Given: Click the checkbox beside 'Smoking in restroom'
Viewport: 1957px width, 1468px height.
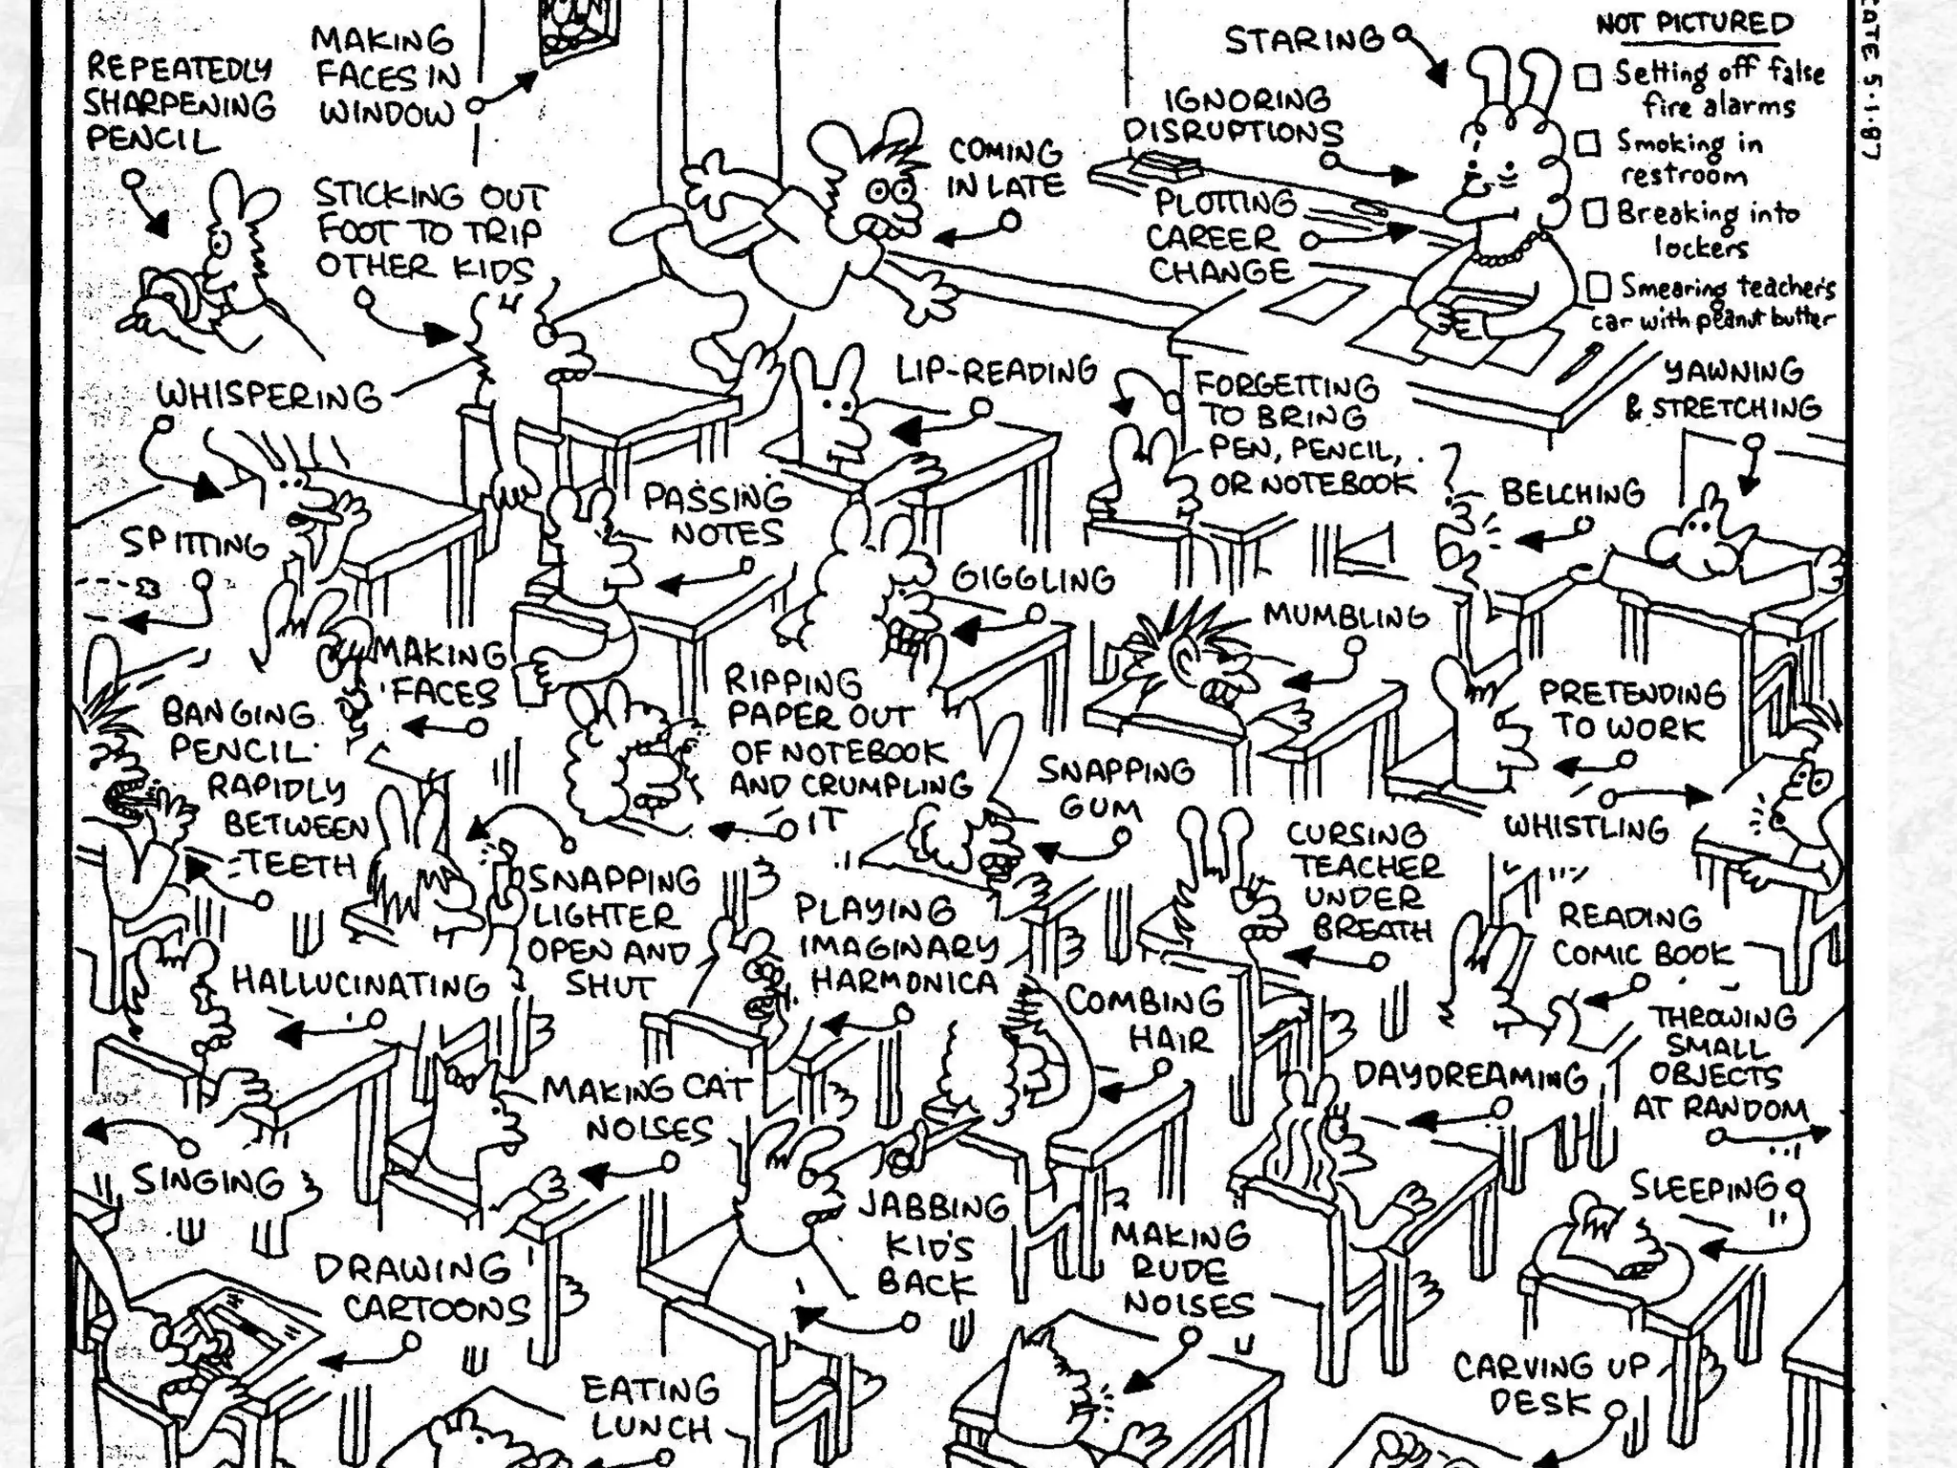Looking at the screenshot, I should click(1587, 143).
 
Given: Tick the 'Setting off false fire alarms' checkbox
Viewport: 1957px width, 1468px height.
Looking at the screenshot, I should click(1588, 76).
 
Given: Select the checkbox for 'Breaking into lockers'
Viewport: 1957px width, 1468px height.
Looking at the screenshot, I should click(1595, 212).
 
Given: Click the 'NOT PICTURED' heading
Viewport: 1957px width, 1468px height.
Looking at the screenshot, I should click(1693, 23).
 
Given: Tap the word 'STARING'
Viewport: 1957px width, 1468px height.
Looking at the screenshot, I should click(1303, 40).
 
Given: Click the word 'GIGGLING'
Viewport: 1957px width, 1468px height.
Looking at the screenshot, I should click(1033, 578).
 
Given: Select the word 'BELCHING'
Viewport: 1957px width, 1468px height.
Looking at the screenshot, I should click(1572, 493).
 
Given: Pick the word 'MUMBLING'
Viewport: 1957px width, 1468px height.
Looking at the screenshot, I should click(1345, 615).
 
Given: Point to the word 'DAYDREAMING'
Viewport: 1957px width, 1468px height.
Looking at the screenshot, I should click(1470, 1077).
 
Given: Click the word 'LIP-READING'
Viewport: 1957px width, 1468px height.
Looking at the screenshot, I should click(996, 371).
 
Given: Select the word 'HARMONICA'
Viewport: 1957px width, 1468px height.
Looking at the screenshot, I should click(904, 982).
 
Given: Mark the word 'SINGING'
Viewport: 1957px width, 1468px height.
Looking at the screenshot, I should click(207, 1181).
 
